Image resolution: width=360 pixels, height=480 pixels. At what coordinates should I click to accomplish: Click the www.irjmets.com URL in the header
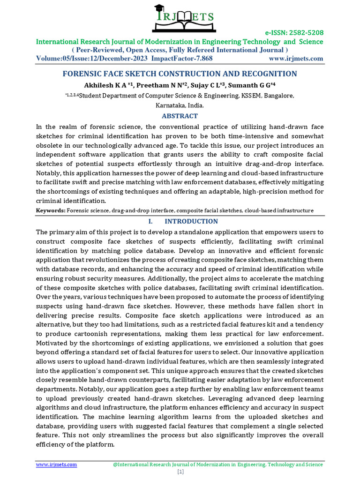tap(296, 59)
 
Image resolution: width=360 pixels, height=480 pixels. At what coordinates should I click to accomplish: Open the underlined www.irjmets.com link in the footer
tap(57, 465)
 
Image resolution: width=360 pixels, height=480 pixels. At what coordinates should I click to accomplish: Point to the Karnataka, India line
tap(180, 105)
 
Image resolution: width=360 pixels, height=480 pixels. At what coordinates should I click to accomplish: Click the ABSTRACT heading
tap(180, 116)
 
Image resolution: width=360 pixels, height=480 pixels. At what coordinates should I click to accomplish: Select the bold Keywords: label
tap(51, 211)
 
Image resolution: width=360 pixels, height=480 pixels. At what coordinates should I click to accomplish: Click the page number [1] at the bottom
tap(180, 472)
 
